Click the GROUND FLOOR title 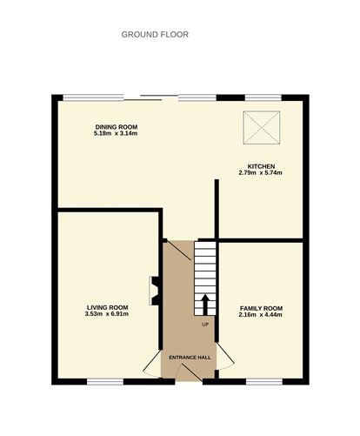(155, 35)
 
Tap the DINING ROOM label (117, 127)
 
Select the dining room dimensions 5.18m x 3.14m (116, 133)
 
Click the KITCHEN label (261, 166)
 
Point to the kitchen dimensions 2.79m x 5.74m (260, 173)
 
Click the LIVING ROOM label (108, 307)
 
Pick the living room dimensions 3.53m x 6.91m (107, 314)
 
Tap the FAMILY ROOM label (261, 308)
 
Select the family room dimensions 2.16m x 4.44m (260, 315)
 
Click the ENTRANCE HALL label (190, 358)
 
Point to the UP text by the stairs (205, 325)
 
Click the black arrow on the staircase (205, 305)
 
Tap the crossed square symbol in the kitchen (262, 128)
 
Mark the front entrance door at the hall (189, 372)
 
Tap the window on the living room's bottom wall (105, 381)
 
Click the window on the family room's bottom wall (264, 381)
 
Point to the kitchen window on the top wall (263, 97)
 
